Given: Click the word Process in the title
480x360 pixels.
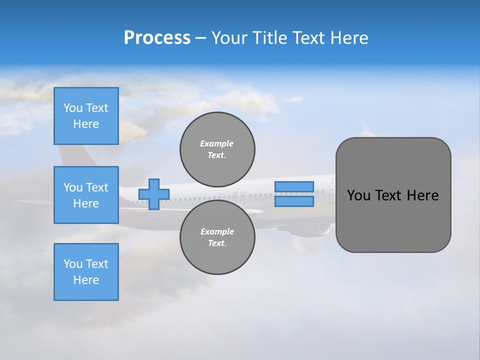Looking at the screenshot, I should [x=157, y=38].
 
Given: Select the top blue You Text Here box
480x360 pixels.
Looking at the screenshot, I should [x=86, y=116].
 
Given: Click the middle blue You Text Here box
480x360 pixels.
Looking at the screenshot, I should [x=86, y=195].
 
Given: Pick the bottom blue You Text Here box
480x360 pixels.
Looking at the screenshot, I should [x=86, y=272].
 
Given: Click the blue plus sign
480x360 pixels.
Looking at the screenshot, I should [x=154, y=194].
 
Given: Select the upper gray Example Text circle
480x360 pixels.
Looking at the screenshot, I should [x=217, y=149].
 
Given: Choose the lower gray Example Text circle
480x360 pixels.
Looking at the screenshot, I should [x=217, y=237].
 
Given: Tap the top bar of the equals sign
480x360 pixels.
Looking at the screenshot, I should [x=294, y=186].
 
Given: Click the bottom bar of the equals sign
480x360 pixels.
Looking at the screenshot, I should [x=294, y=201].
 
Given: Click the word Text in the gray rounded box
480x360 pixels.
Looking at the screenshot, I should [x=389, y=195].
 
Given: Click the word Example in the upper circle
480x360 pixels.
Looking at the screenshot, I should [x=216, y=143].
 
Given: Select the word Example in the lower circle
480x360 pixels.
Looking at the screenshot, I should [x=217, y=231].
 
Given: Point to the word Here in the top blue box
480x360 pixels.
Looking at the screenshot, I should [x=86, y=124].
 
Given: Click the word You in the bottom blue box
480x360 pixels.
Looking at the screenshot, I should [x=72, y=264].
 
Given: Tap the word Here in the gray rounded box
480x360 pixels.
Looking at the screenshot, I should [x=423, y=195].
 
